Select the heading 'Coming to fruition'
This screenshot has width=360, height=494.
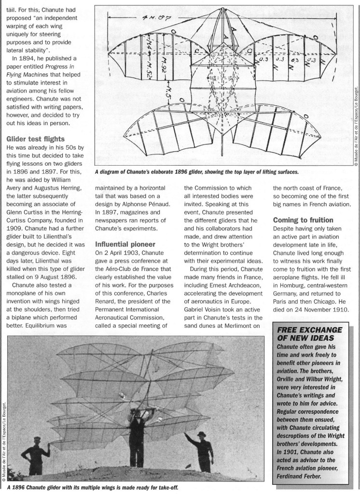(304, 220)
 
